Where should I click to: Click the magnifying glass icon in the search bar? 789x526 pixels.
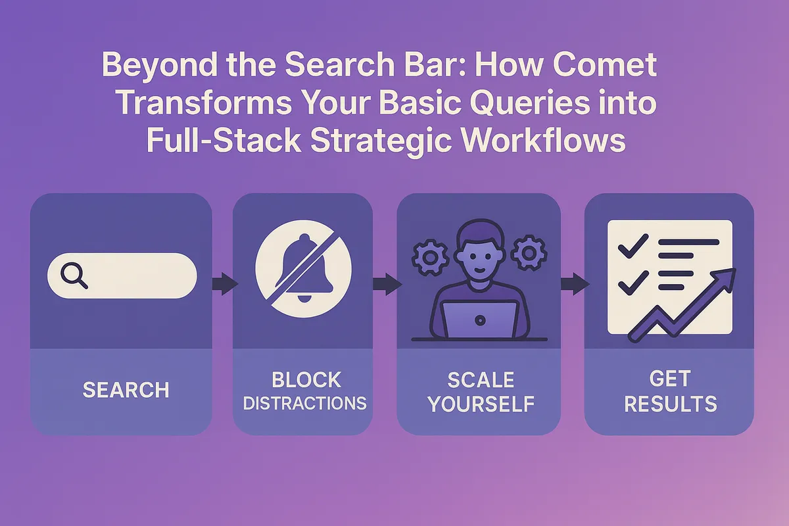click(x=74, y=275)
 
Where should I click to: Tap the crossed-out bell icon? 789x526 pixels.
click(x=303, y=271)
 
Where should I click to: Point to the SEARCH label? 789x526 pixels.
click(x=126, y=390)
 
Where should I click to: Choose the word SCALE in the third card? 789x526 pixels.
click(x=481, y=380)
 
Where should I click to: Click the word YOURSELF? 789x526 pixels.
click(x=481, y=404)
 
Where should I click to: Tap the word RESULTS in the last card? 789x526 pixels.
click(x=670, y=403)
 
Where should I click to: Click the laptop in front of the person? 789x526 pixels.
click(x=480, y=318)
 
